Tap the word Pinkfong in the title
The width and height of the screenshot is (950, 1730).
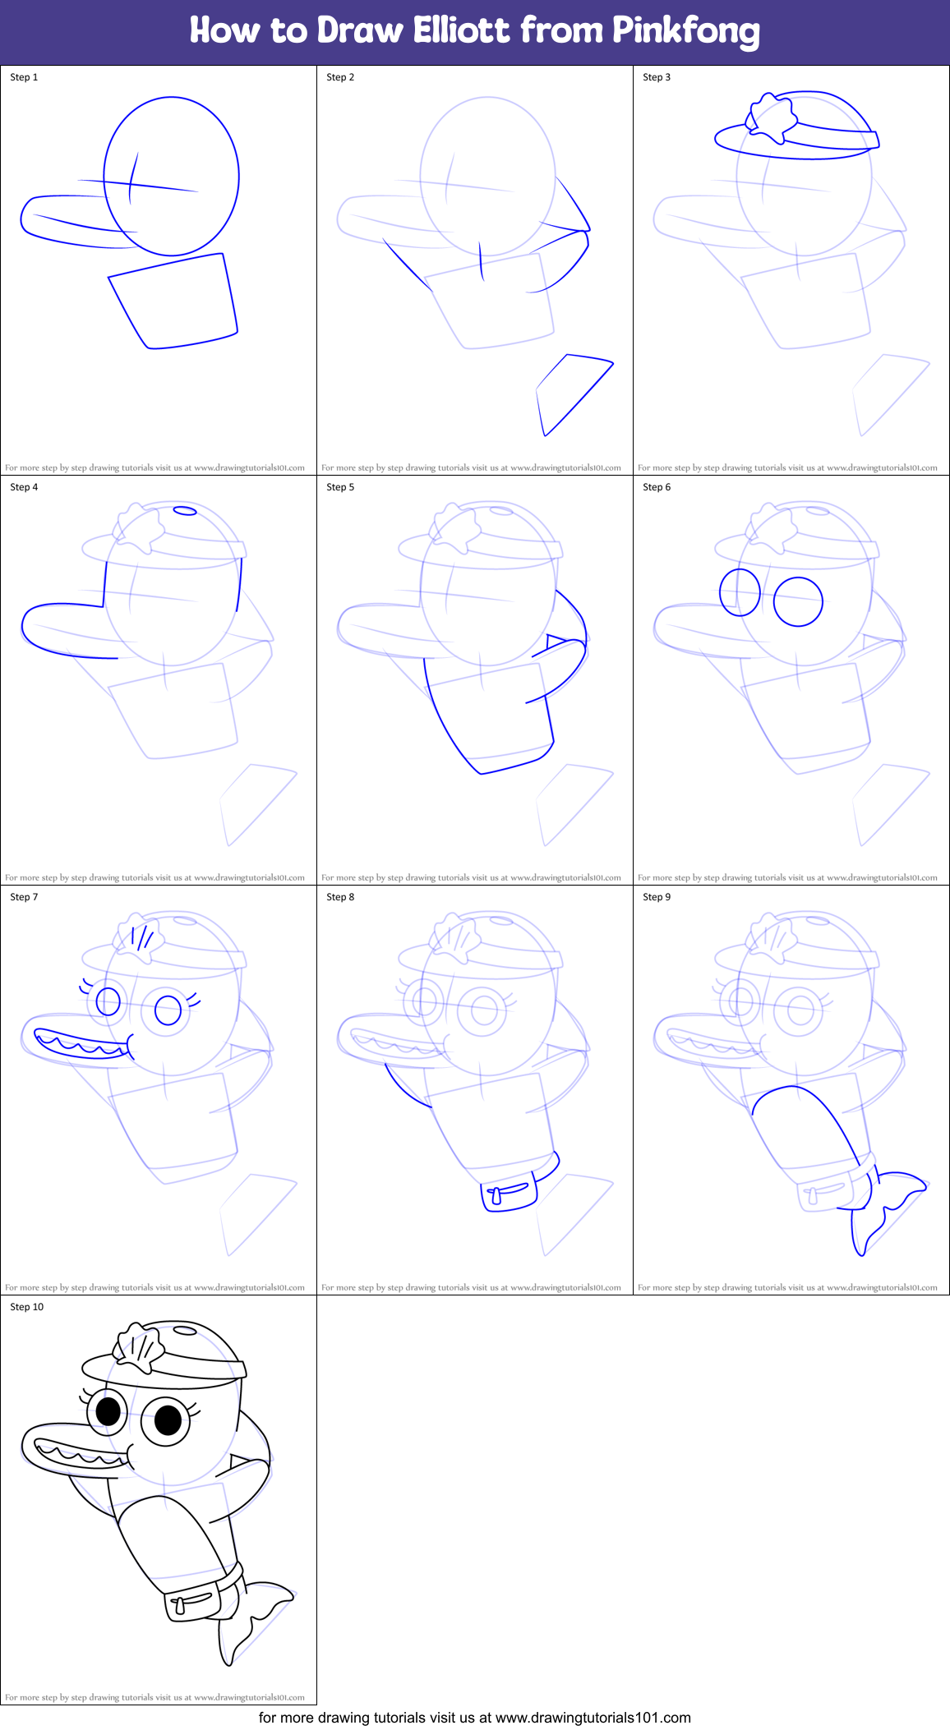(x=685, y=32)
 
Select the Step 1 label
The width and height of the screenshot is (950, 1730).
(x=24, y=77)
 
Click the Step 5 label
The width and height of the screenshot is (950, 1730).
(x=340, y=487)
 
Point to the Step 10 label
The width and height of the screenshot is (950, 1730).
(x=26, y=1307)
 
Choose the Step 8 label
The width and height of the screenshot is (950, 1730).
(x=340, y=897)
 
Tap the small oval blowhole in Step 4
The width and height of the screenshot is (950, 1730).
(x=185, y=511)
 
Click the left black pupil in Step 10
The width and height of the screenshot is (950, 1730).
(x=108, y=1411)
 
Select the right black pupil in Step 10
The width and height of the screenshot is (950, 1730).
(x=168, y=1419)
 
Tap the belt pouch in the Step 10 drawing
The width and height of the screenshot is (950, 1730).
(x=189, y=1602)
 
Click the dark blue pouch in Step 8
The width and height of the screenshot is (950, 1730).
(x=509, y=1194)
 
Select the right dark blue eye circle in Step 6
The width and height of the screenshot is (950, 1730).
(x=797, y=601)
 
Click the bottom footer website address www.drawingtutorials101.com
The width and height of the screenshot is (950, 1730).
(x=593, y=1718)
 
